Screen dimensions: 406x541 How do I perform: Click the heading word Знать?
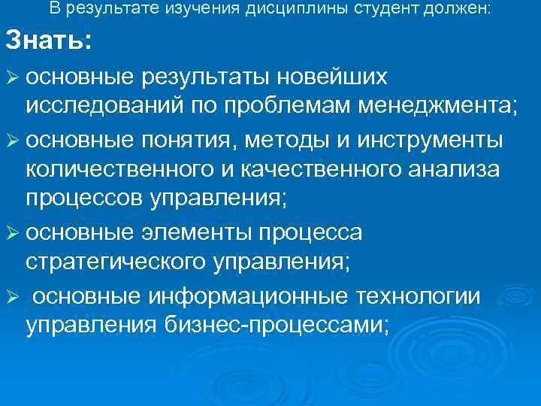click(48, 41)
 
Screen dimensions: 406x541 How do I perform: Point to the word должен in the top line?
click(463, 9)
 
